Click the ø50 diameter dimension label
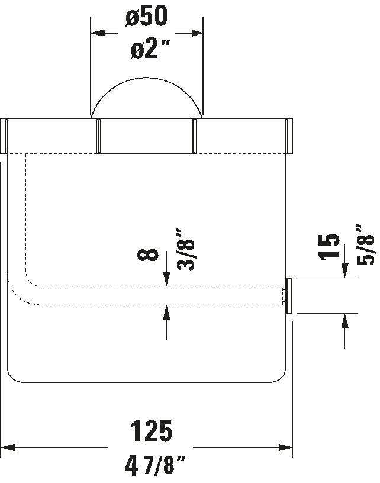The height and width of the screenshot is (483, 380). (x=147, y=15)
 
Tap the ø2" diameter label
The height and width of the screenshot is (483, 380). (x=150, y=49)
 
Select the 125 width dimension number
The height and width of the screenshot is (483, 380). (x=151, y=431)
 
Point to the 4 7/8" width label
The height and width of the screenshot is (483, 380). (x=155, y=466)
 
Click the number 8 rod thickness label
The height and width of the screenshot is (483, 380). (x=148, y=255)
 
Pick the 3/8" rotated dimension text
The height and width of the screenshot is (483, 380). (x=186, y=250)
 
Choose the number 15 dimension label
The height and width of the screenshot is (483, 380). (x=329, y=247)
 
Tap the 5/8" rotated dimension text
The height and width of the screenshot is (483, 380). (x=365, y=244)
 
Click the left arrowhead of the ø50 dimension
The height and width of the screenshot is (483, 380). (x=98, y=33)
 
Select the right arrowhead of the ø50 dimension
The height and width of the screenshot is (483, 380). (x=196, y=33)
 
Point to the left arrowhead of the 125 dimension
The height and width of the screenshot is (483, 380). (x=7, y=447)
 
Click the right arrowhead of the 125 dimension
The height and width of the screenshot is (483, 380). (x=285, y=447)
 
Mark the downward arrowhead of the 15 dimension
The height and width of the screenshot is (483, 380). (x=345, y=271)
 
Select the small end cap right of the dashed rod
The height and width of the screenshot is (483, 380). (x=289, y=296)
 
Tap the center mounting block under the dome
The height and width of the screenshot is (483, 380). (x=147, y=136)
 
